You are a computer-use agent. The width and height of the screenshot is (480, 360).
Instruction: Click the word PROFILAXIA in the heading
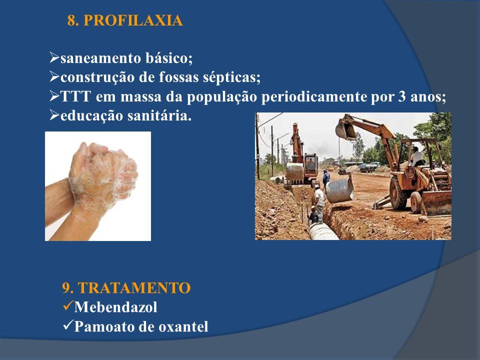[x=133, y=21]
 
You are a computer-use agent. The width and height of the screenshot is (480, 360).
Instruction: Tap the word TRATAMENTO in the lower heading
[x=134, y=288]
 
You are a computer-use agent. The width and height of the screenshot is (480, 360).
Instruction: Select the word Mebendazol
[x=115, y=307]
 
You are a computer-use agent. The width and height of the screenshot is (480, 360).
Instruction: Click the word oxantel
[x=183, y=326]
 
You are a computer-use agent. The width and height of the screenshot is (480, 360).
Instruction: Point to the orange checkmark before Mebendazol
[x=67, y=306]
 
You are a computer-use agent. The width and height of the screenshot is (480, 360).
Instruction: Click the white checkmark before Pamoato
[x=67, y=325]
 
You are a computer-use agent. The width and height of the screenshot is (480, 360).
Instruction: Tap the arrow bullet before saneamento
[x=54, y=57]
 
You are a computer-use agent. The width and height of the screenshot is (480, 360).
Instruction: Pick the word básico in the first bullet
[x=169, y=58]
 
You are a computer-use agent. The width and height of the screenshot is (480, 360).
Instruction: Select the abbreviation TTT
[x=76, y=96]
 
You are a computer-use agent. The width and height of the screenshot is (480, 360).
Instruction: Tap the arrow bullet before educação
[x=54, y=115]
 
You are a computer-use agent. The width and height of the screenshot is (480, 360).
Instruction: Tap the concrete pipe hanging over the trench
[x=339, y=190]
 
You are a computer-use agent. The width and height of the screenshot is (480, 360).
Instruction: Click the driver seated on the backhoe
[x=416, y=156]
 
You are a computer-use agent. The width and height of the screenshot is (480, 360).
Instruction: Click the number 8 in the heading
[x=71, y=21]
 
